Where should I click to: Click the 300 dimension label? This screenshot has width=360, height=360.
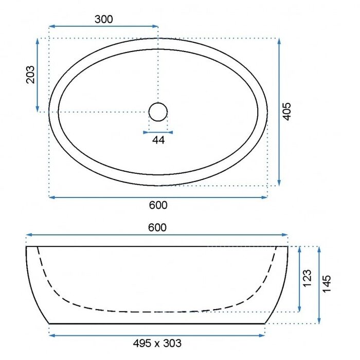(104, 20)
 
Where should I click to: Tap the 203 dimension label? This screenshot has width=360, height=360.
(30, 75)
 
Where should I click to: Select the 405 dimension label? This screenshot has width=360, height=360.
(286, 112)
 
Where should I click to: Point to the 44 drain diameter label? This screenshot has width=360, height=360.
(158, 140)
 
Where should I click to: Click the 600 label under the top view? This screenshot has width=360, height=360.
(158, 205)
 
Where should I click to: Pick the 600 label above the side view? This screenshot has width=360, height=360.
(157, 227)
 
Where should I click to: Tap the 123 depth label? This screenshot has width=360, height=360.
(307, 278)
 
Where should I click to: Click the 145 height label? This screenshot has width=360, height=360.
(327, 284)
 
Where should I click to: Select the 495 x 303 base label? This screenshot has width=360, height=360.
(157, 343)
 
